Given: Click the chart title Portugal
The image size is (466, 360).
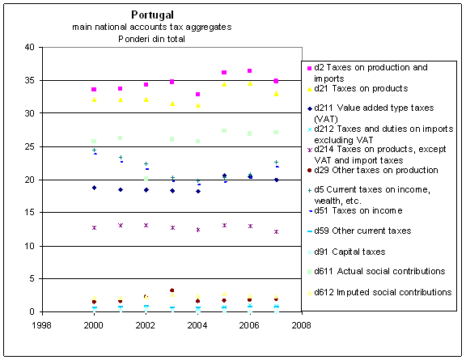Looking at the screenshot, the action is pos(152,15).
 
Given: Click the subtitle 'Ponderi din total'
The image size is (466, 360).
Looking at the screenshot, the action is pos(151,39).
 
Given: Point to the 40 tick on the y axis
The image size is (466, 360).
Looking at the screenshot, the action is pos(29,47).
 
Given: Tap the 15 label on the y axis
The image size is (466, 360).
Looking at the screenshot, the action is pos(29,213).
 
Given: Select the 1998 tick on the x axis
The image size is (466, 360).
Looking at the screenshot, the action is pos(41,325).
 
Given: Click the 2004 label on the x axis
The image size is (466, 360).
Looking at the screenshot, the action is pos(197,325).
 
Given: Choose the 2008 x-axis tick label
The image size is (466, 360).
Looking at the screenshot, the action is pos(301,325).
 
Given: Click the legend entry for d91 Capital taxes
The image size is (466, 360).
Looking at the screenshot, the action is pos(346,252).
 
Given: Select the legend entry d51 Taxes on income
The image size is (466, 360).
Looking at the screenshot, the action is pos(355,211).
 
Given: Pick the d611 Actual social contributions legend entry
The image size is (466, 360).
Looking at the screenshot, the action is pos(376,271).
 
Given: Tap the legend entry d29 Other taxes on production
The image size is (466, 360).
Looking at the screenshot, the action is pos(373,171).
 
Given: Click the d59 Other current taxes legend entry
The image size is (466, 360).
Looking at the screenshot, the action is pos(359,231).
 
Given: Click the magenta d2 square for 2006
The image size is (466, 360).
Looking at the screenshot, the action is pos(250,70).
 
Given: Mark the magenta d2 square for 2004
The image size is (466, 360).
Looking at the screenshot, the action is pos(198,94).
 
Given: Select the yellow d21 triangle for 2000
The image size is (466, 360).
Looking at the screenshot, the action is pos(94,100).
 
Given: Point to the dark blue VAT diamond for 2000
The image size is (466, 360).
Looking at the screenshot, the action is pos(94,188).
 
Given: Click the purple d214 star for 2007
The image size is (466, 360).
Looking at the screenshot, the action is pos(276,231).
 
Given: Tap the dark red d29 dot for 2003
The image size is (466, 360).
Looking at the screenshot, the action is pos(172,290).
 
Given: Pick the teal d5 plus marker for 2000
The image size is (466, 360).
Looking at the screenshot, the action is pos(94,150).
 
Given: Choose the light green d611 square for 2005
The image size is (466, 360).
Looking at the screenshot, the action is pos(224,130).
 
